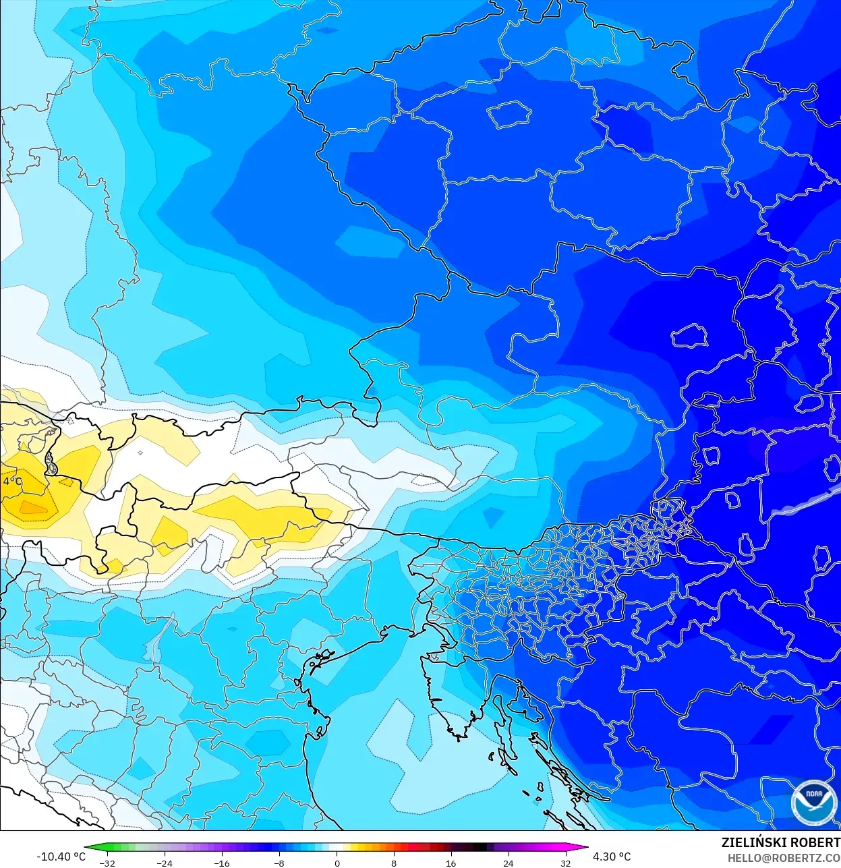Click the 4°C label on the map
tap(12, 482)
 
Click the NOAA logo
tap(814, 803)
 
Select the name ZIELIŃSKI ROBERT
tap(780, 843)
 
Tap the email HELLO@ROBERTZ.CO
tap(784, 858)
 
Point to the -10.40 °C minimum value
tap(61, 857)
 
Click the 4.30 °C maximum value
tap(612, 857)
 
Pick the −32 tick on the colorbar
tap(107, 863)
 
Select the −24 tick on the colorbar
tap(165, 863)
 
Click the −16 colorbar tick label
tap(222, 863)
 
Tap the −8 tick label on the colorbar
tap(279, 863)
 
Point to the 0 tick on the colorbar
tap(337, 863)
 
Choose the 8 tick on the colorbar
tap(394, 863)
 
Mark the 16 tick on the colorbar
tap(451, 863)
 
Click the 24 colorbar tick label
tap(509, 863)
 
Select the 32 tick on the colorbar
tap(566, 863)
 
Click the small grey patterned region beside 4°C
tap(50, 463)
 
